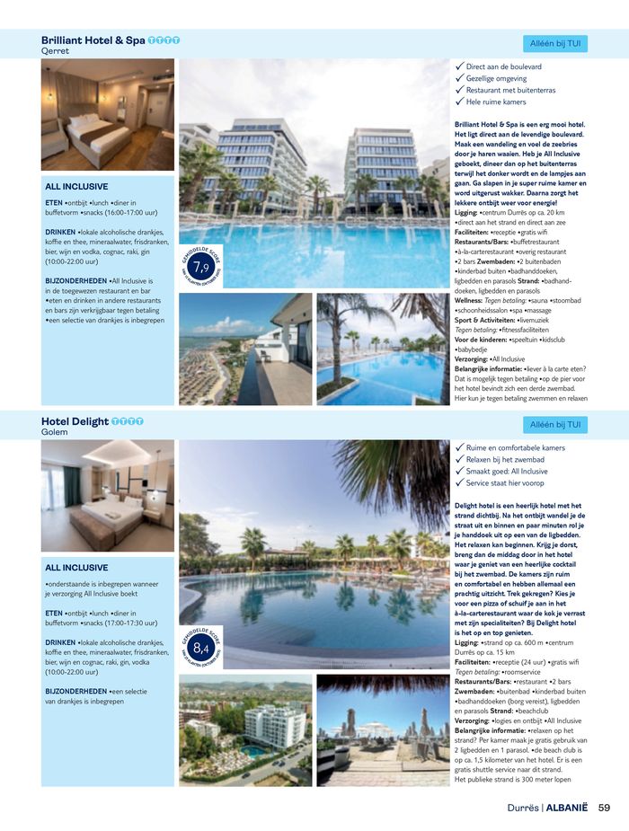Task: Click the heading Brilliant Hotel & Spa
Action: click(x=93, y=40)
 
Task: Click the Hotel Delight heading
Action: click(x=75, y=421)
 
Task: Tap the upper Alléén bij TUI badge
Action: click(x=554, y=43)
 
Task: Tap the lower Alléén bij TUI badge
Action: click(x=554, y=424)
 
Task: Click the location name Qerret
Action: click(x=55, y=51)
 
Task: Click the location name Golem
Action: click(x=55, y=432)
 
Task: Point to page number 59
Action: click(x=605, y=807)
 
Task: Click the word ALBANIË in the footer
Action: click(x=569, y=807)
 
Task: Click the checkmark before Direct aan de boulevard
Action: click(x=459, y=66)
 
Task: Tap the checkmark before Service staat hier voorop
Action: click(x=459, y=482)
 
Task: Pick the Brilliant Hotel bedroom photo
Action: click(x=108, y=115)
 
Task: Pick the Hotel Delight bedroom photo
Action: click(x=108, y=495)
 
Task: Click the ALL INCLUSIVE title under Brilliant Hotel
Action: click(x=76, y=187)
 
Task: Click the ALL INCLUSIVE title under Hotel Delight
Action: click(x=76, y=568)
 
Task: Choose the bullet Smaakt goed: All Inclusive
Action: click(x=507, y=471)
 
